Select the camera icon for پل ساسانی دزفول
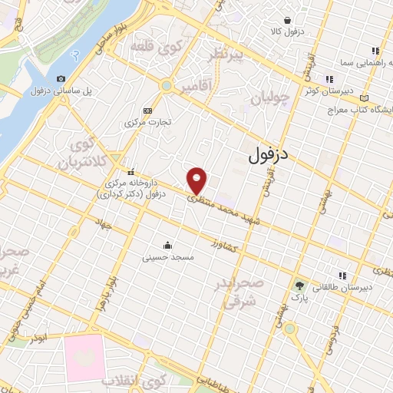tap(61, 78)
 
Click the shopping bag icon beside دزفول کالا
tap(287, 20)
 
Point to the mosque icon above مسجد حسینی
tap(167, 245)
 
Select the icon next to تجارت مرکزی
tap(148, 111)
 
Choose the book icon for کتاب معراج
tap(365, 97)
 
